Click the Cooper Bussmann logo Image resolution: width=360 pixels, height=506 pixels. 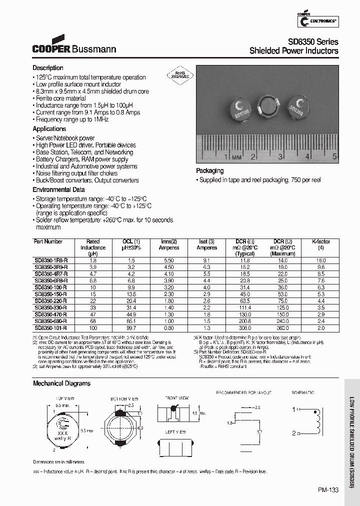pos(74,45)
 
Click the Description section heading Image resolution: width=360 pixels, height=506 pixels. pos(48,68)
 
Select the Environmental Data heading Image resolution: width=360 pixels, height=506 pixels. pos(58,190)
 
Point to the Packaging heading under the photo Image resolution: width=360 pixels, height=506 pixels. pos(209,170)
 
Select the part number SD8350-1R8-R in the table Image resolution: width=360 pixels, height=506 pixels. pos(51,260)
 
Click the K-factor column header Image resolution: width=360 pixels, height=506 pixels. pos(321,241)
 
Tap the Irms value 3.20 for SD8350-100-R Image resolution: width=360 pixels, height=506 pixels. pos(168,287)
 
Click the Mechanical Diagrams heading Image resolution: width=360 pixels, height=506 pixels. pos(61,383)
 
